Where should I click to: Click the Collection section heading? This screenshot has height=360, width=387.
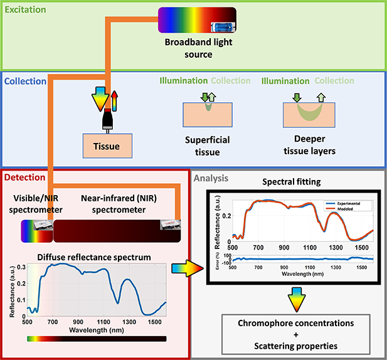26,81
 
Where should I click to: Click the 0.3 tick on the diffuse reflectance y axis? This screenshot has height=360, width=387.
22,267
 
